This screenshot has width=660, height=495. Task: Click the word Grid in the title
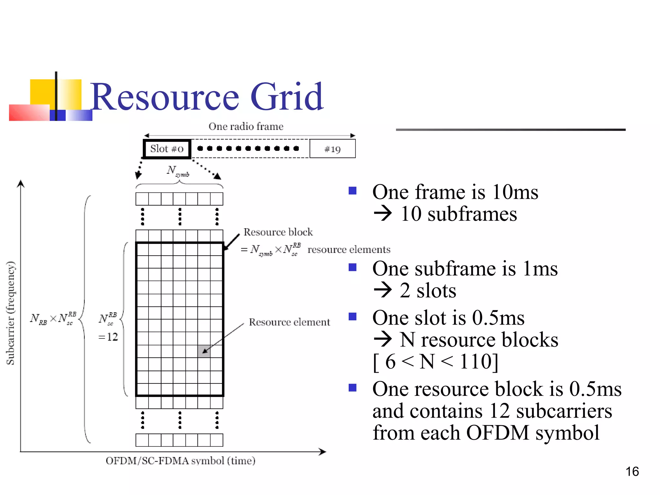pyautogui.click(x=286, y=97)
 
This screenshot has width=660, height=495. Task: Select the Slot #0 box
pyautogui.click(x=167, y=149)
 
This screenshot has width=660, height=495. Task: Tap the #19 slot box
pyautogui.click(x=332, y=149)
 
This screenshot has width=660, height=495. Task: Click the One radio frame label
pyautogui.click(x=246, y=126)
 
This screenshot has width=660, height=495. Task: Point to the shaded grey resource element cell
pyautogui.click(x=204, y=351)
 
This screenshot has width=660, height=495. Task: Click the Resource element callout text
pyautogui.click(x=289, y=322)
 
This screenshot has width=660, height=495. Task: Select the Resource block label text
pyautogui.click(x=278, y=232)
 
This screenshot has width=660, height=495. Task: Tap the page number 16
pyautogui.click(x=632, y=471)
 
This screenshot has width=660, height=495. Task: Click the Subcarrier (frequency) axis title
pyautogui.click(x=11, y=313)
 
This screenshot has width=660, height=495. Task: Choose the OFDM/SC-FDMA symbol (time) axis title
pyautogui.click(x=180, y=461)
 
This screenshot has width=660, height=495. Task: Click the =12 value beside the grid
pyautogui.click(x=108, y=337)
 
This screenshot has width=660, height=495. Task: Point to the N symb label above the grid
pyautogui.click(x=178, y=171)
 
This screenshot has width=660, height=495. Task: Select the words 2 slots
pyautogui.click(x=428, y=291)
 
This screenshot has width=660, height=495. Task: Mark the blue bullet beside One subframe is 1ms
pyautogui.click(x=353, y=267)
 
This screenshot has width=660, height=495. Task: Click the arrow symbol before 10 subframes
pyautogui.click(x=383, y=214)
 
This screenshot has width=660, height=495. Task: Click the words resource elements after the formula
pyautogui.click(x=349, y=249)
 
